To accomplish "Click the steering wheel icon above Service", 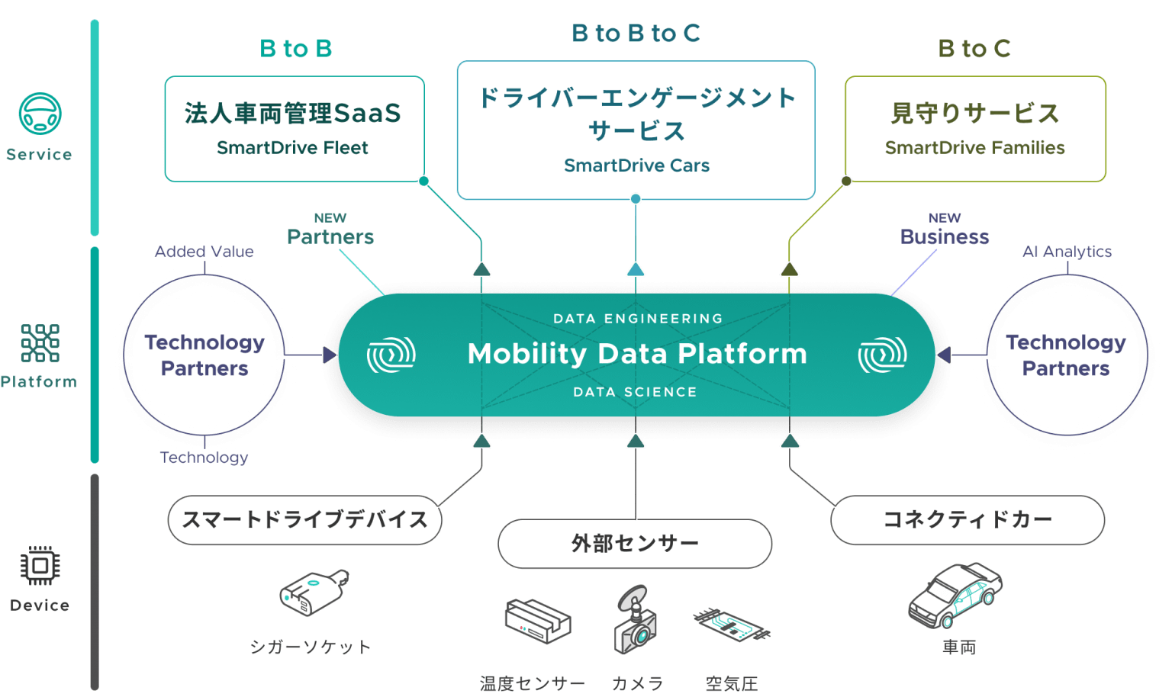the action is click(x=40, y=114).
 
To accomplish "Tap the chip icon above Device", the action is click(x=40, y=565).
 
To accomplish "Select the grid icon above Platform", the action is click(x=40, y=343).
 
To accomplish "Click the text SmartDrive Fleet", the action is click(x=292, y=148).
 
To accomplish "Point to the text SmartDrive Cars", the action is click(x=637, y=165).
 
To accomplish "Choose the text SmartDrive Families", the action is click(x=974, y=148).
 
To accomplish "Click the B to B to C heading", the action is click(x=636, y=33).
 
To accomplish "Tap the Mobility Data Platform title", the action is click(x=637, y=354).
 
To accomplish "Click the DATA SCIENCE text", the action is click(x=636, y=392).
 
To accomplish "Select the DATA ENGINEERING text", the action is click(x=639, y=319).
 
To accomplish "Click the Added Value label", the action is click(x=204, y=252).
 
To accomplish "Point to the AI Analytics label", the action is click(x=1067, y=252).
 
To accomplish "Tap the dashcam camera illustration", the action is click(x=635, y=619).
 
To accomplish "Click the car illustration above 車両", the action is click(x=955, y=595).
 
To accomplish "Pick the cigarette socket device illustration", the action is click(x=314, y=593).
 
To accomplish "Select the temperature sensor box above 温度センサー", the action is click(x=538, y=622).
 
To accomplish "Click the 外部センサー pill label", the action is click(x=635, y=544).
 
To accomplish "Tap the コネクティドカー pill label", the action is click(x=968, y=520).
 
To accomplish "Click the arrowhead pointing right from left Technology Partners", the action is click(x=330, y=355).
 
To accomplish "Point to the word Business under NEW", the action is click(x=945, y=237).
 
